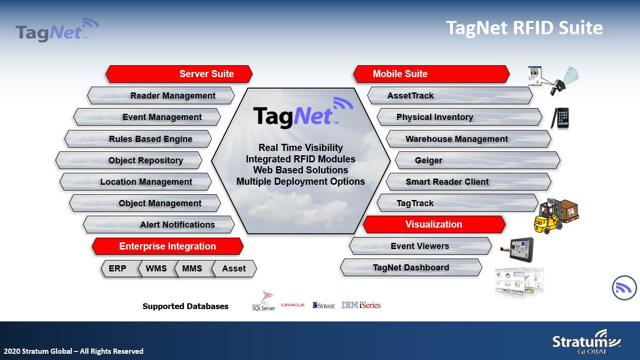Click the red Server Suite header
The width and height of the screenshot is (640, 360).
[179, 74]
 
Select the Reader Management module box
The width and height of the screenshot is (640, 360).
[160, 95]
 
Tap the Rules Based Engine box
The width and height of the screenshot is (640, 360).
[138, 139]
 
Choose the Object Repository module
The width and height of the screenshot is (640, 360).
[129, 160]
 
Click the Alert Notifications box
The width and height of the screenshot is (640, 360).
[159, 225]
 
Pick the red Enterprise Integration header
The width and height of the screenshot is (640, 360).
[168, 246]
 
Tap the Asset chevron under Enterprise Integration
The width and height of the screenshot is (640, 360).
[234, 269]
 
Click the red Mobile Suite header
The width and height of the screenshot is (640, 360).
[431, 74]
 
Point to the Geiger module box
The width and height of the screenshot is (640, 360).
[478, 160]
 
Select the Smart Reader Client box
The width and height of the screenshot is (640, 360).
[468, 182]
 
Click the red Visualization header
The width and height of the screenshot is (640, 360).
[434, 225]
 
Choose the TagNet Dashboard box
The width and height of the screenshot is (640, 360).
[411, 268]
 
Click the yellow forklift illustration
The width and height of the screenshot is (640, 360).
[556, 216]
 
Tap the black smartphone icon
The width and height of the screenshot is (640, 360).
[560, 118]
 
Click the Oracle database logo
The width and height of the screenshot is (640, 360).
[293, 305]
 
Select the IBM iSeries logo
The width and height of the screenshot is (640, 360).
[361, 305]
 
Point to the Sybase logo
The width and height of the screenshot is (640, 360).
[324, 305]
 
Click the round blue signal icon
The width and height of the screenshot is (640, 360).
[624, 288]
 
